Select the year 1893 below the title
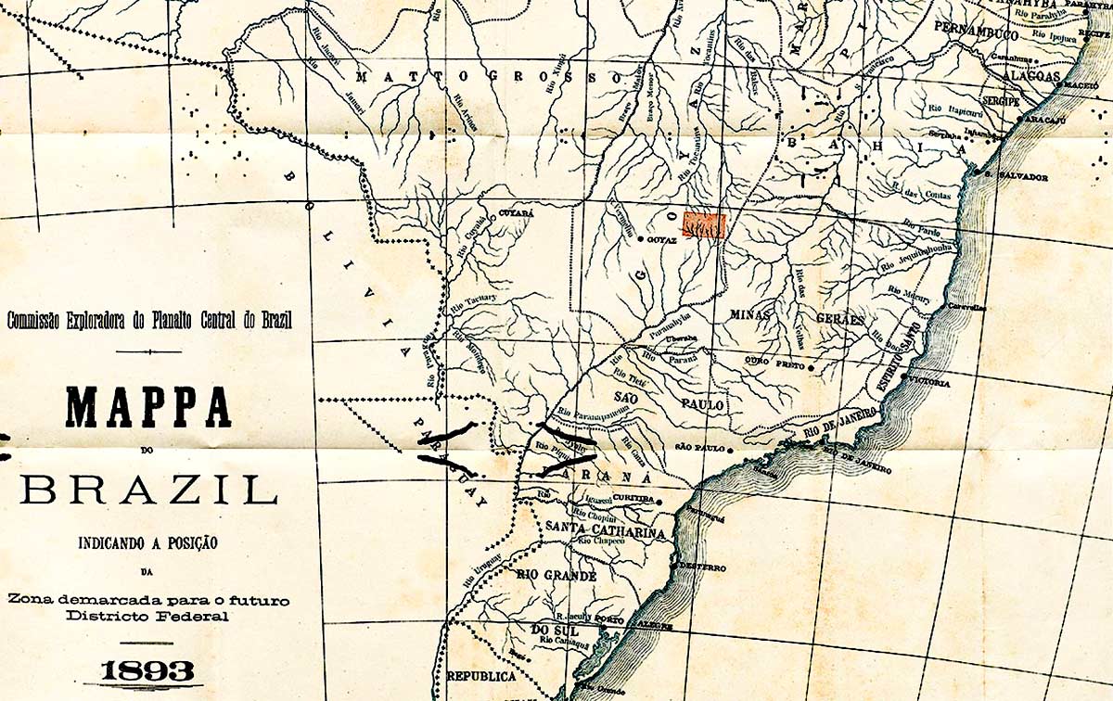click(147, 670)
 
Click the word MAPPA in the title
click(147, 406)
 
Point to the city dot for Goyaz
click(641, 239)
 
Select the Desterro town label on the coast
click(702, 566)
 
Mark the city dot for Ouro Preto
click(812, 367)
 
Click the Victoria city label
click(929, 382)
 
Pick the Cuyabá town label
click(517, 213)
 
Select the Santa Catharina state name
click(606, 532)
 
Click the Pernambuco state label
click(977, 32)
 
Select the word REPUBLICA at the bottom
click(480, 677)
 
